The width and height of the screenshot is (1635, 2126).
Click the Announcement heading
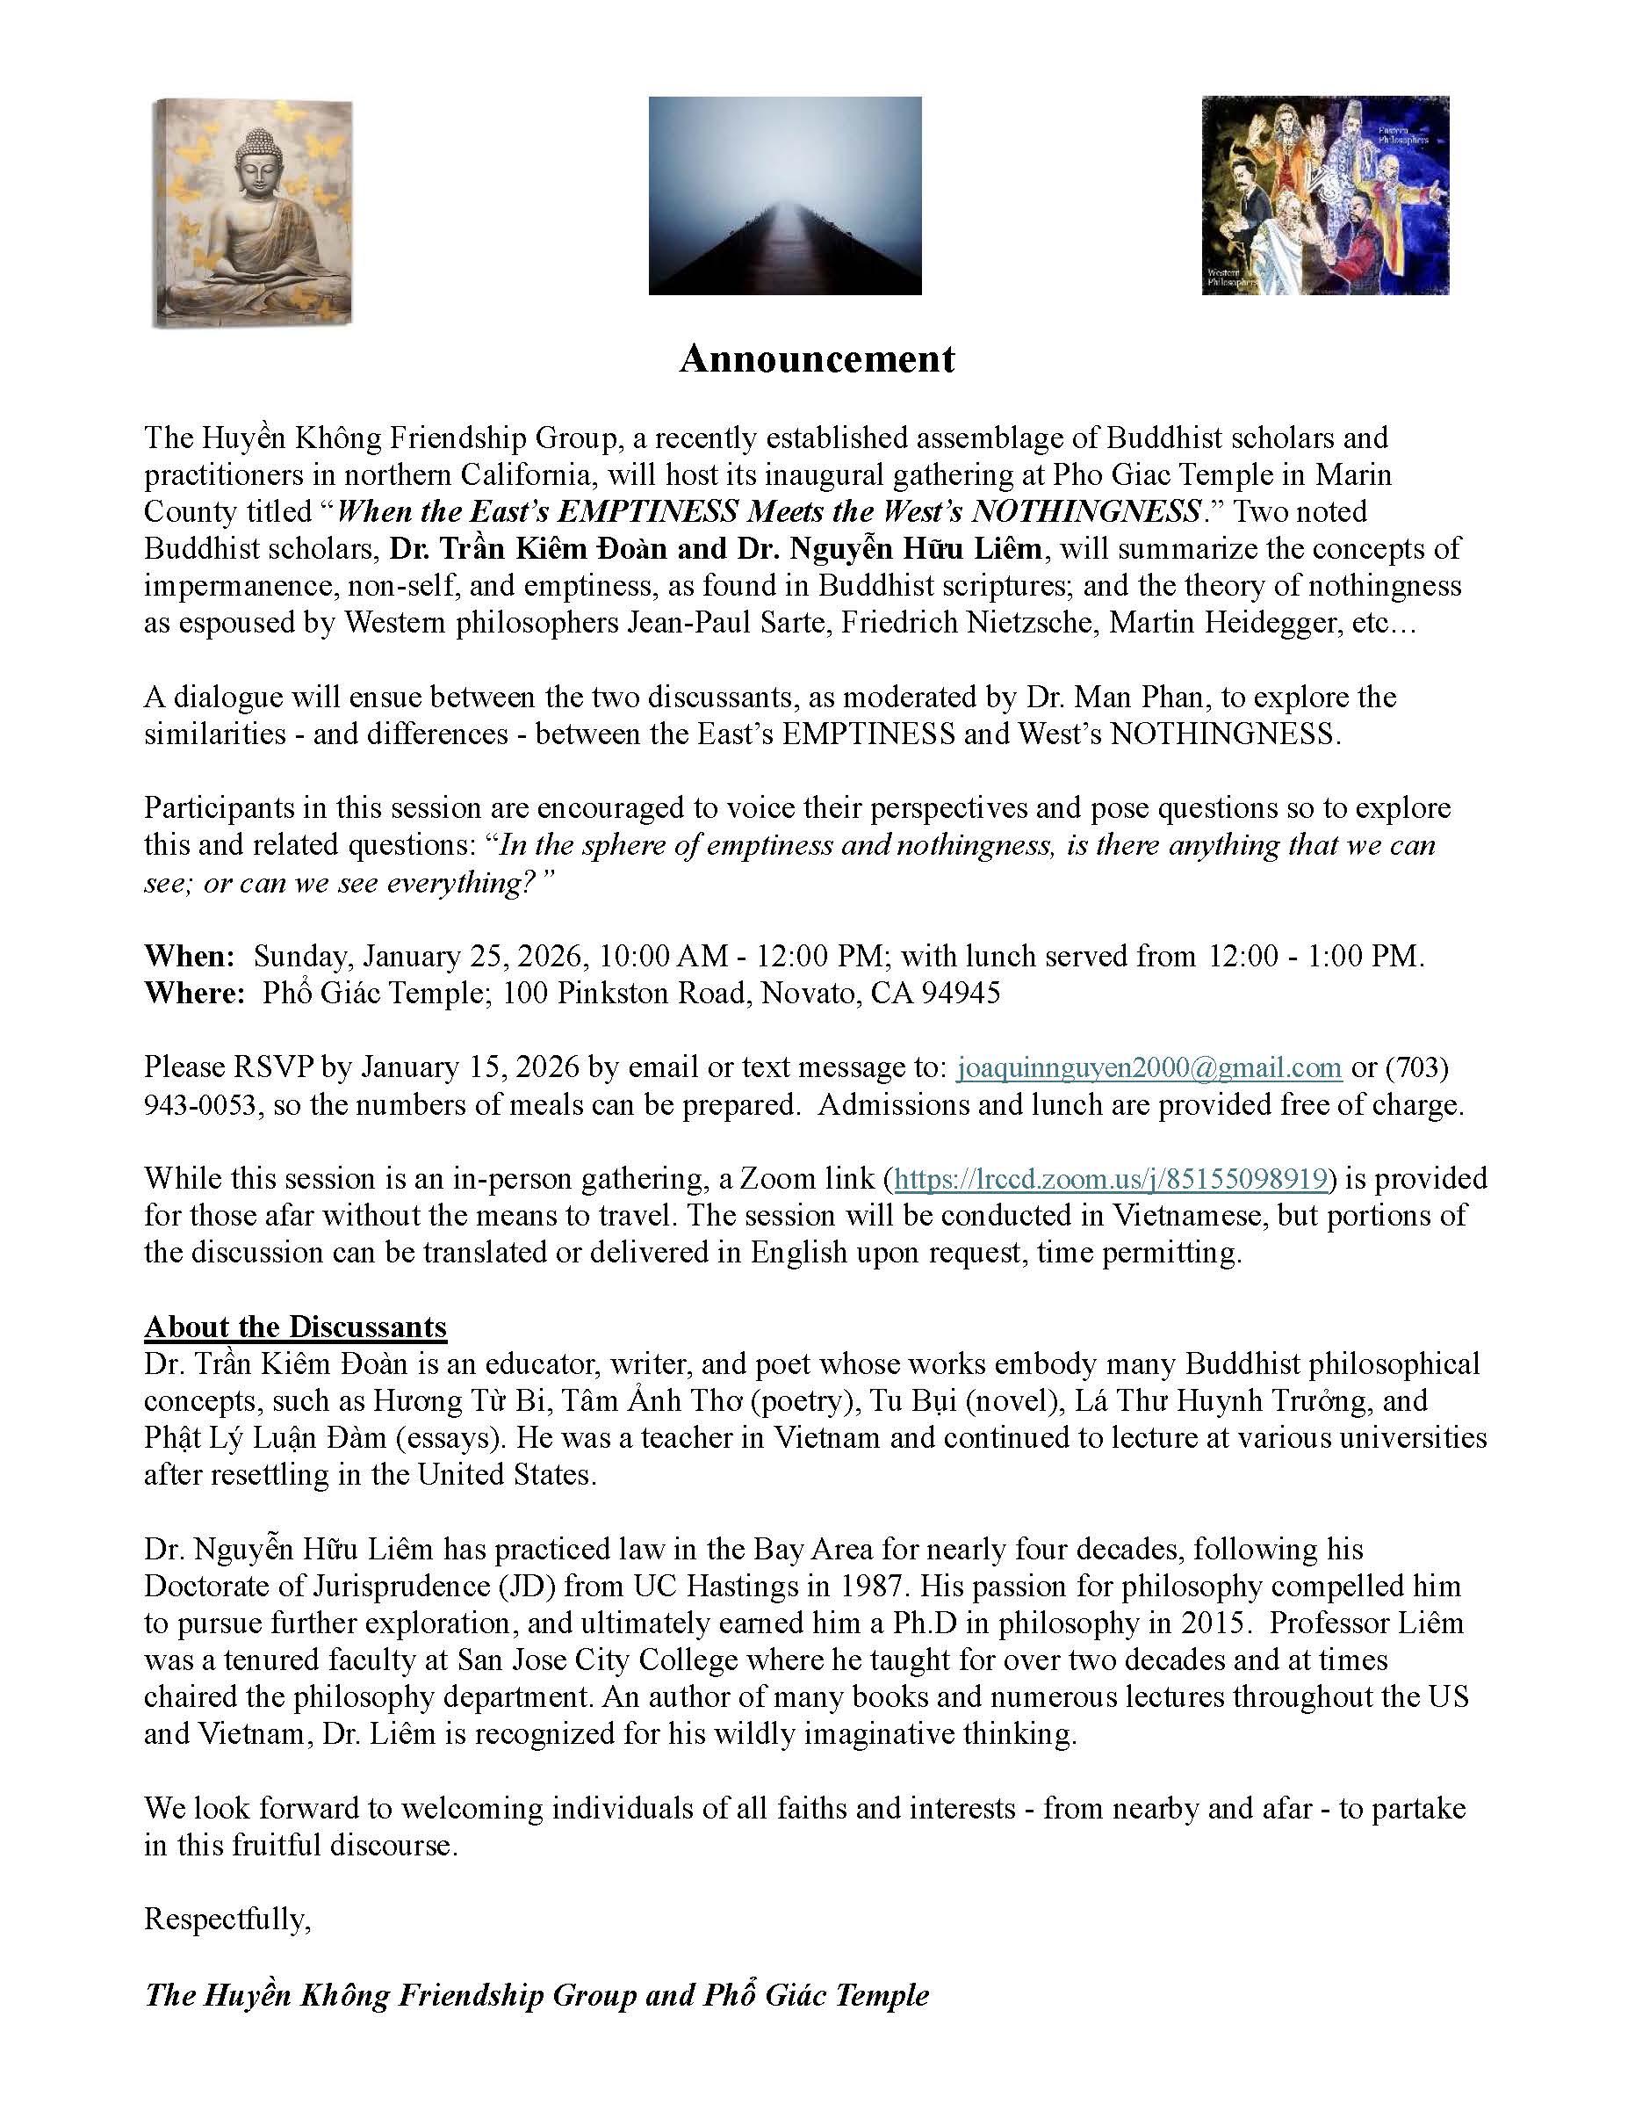click(817, 358)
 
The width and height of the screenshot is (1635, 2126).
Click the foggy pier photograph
click(784, 195)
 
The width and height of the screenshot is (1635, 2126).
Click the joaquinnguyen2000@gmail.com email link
click(1149, 1068)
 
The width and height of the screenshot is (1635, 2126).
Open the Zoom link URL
click(1111, 1179)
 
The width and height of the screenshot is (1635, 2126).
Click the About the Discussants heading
click(295, 1327)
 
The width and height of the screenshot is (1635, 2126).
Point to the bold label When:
click(190, 956)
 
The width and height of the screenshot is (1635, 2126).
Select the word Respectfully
click(227, 1919)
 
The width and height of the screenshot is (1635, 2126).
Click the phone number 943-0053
click(201, 1105)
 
